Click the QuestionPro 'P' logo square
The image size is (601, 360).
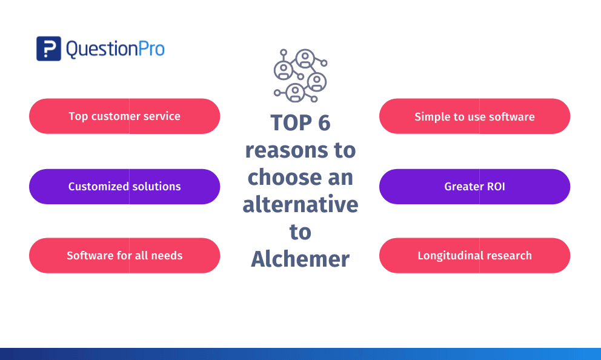(48, 48)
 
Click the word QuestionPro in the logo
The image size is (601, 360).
(115, 50)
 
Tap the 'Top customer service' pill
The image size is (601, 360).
(125, 116)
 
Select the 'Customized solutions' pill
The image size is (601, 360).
(125, 187)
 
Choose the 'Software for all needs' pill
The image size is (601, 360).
(125, 256)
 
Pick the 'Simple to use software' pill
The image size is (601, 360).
(474, 116)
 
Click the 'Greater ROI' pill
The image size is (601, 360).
(474, 187)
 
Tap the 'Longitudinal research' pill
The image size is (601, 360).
(474, 256)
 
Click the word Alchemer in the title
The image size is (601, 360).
(300, 259)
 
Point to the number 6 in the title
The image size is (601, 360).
(324, 122)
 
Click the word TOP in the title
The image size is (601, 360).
(291, 122)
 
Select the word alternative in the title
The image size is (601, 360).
(300, 204)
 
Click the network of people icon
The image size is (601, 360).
(300, 76)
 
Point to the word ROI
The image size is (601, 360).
(496, 187)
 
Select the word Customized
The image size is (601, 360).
(99, 187)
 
